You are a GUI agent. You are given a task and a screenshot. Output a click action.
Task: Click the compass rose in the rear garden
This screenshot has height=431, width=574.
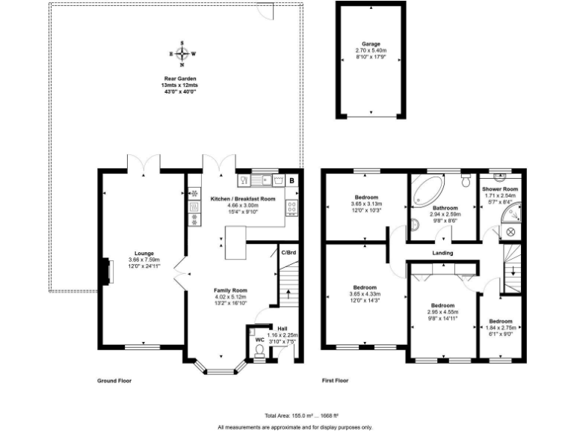pos(182,55)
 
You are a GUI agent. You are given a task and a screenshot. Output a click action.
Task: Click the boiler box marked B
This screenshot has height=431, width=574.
pos(291,180)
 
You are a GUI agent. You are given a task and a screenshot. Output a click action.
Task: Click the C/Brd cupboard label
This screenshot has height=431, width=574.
pos(288,253)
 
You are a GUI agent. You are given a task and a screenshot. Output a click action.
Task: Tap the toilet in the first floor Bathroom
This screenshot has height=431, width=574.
pos(466,181)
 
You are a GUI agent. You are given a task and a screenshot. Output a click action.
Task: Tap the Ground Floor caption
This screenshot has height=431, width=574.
pos(114,380)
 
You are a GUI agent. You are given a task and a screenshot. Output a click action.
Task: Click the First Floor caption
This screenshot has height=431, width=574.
pos(336,380)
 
